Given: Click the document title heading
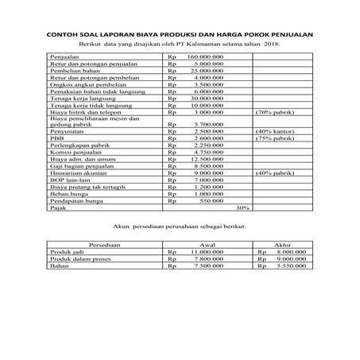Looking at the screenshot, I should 180,34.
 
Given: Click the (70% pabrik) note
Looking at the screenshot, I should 276,113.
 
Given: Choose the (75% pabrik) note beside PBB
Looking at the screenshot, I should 276,138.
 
